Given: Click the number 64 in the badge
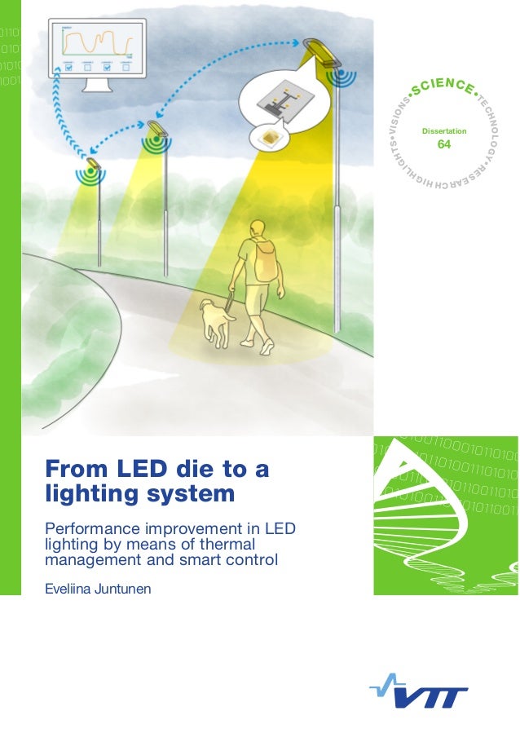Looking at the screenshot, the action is (443, 144).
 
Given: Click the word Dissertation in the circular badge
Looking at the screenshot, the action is (443, 130).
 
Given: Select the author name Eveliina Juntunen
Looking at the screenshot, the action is (99, 587).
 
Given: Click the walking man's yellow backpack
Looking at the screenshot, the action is (265, 260).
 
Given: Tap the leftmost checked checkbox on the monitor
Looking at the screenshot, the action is (68, 68).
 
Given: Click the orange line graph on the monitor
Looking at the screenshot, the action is (99, 42).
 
